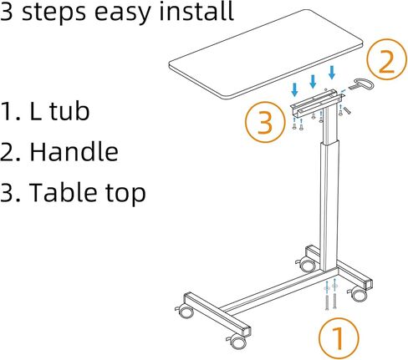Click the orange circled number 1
339,339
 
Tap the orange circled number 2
387,59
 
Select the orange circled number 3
266,122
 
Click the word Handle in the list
74,152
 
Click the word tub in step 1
69,111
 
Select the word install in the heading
196,11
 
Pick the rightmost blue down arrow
332,73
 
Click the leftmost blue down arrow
294,90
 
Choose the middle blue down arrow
313,81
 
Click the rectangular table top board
266,54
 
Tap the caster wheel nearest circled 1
358,295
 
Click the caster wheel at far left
185,312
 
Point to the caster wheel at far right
358,295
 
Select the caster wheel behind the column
307,265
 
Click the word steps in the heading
54,13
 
